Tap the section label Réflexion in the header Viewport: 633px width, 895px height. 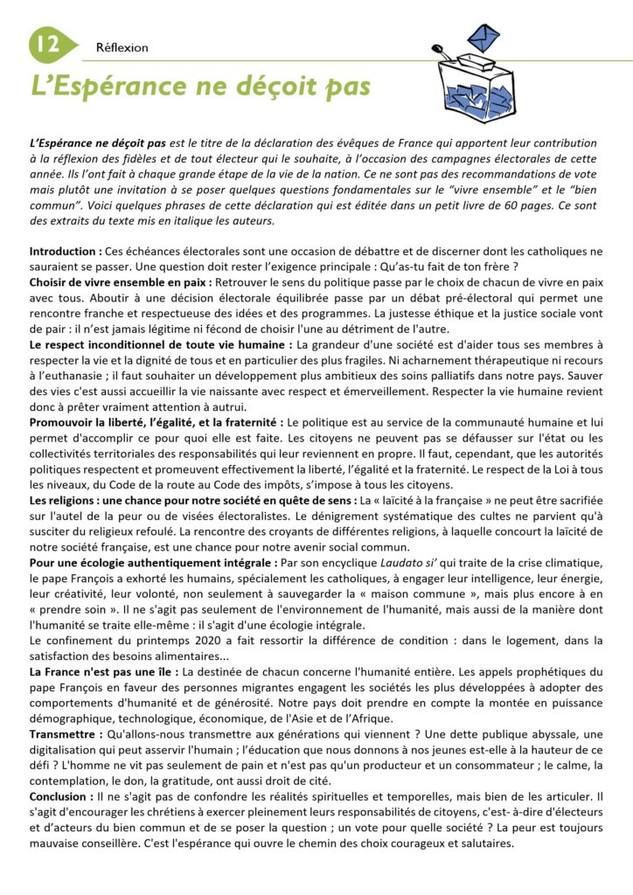tap(122, 48)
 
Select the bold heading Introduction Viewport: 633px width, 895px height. tap(64, 252)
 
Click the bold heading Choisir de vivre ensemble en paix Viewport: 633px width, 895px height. tap(119, 283)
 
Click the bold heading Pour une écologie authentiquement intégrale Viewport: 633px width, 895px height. tap(154, 564)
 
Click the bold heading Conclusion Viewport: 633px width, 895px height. tap(62, 797)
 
